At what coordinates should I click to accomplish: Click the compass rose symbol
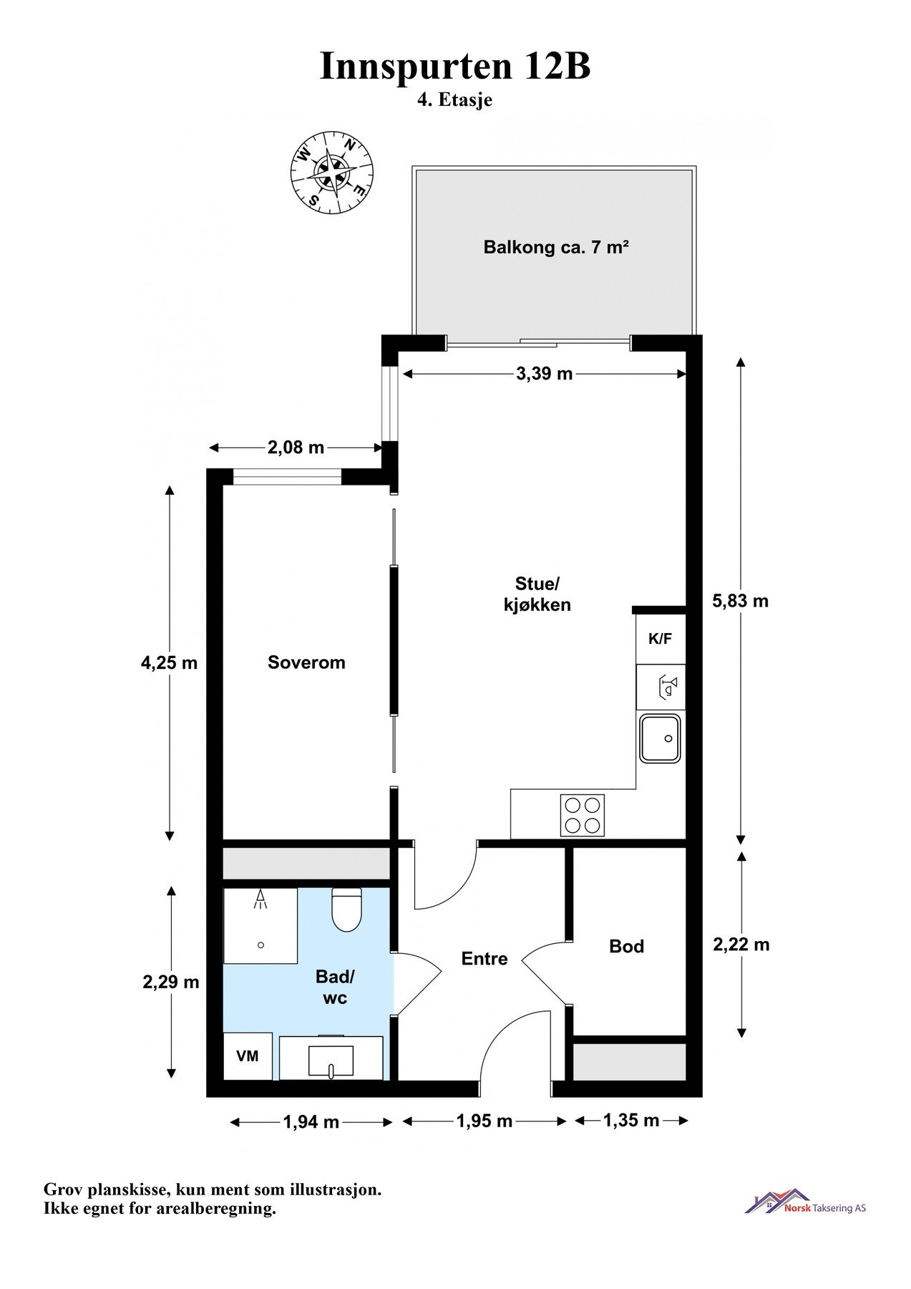point(332,173)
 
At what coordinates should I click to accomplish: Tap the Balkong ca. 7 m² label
point(556,248)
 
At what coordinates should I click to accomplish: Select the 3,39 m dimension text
point(545,374)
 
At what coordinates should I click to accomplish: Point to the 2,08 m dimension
point(296,448)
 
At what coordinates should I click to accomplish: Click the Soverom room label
point(306,662)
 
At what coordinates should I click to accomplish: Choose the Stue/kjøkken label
point(537,594)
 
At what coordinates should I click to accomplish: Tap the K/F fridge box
point(661,639)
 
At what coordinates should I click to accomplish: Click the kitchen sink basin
point(661,738)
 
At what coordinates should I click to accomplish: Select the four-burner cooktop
point(583,816)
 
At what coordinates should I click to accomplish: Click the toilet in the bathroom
point(347,909)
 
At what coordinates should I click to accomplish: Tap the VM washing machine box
point(248,1056)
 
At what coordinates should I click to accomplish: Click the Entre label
point(484,959)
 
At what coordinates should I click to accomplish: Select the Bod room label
point(627,947)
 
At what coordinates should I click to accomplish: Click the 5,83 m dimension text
point(740,601)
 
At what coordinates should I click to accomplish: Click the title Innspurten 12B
point(455,67)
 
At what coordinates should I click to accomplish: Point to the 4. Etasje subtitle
point(455,100)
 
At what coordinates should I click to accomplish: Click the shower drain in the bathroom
point(261,945)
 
